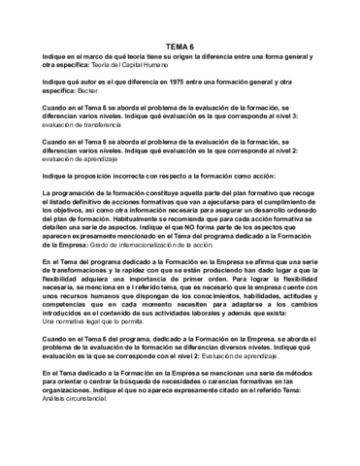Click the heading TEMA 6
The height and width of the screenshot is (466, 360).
point(180,45)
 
